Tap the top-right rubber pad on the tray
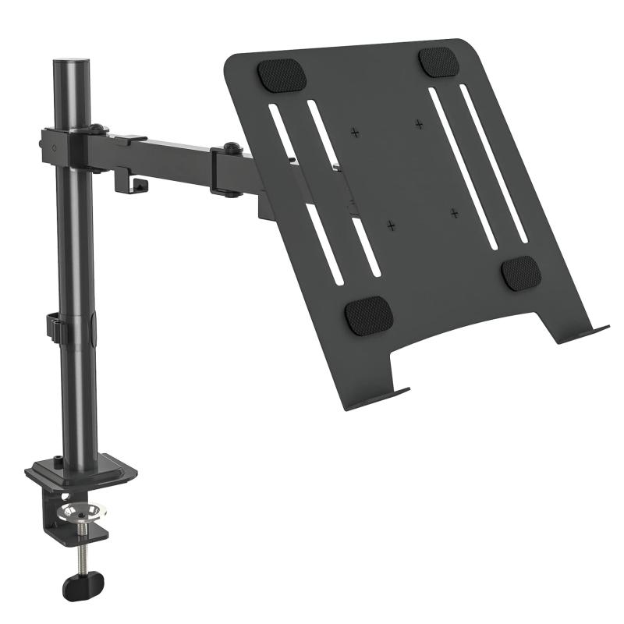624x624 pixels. (x=439, y=62)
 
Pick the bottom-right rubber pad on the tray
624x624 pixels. (x=520, y=273)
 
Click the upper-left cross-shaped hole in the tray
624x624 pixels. (x=355, y=132)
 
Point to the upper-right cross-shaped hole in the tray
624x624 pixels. (x=419, y=123)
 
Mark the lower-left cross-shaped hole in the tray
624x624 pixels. (x=392, y=225)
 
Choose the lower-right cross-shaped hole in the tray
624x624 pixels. (x=454, y=212)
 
